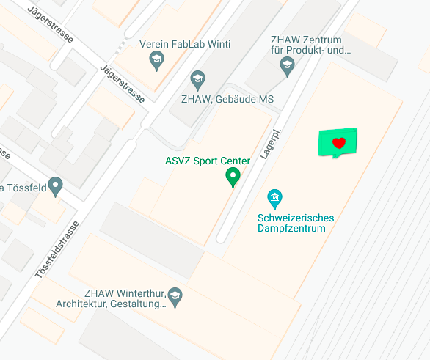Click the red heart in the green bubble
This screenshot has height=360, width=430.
tap(338, 143)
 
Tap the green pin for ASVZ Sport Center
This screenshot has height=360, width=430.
tap(233, 176)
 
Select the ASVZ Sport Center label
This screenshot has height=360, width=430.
tap(208, 161)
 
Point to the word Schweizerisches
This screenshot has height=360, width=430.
tap(296, 218)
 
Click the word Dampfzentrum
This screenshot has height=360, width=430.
tap(296, 229)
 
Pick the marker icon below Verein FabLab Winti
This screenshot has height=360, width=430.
tap(156, 61)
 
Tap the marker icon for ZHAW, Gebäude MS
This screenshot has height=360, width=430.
tap(197, 79)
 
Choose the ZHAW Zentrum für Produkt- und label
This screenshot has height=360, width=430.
tap(310, 45)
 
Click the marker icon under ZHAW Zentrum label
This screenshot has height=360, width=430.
tap(287, 67)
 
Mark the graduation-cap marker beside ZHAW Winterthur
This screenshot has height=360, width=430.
tap(175, 295)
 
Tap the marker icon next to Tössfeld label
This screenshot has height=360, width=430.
tap(55, 185)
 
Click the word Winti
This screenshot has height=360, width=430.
tap(219, 45)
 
